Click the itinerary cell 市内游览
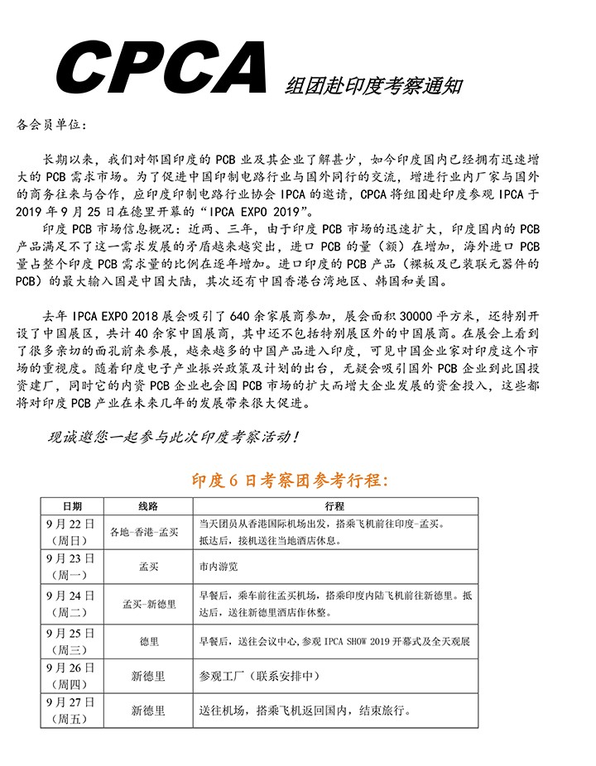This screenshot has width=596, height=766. point(219,567)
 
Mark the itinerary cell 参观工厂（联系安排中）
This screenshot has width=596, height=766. point(262,676)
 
